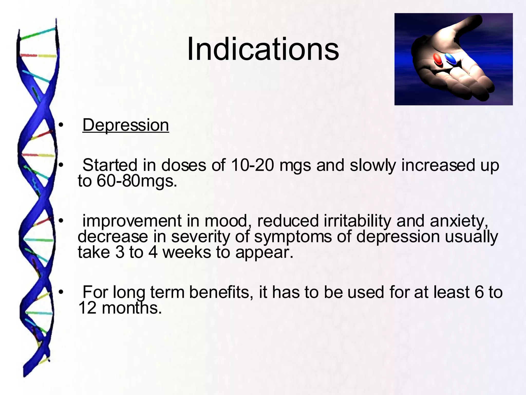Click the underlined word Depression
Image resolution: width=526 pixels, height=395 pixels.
[x=126, y=125]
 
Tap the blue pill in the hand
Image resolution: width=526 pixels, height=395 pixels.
[x=451, y=59]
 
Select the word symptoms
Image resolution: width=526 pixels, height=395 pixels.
[x=293, y=237]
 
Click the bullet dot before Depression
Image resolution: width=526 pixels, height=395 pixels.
[x=61, y=125]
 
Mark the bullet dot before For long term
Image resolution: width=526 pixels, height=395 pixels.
[x=61, y=292]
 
